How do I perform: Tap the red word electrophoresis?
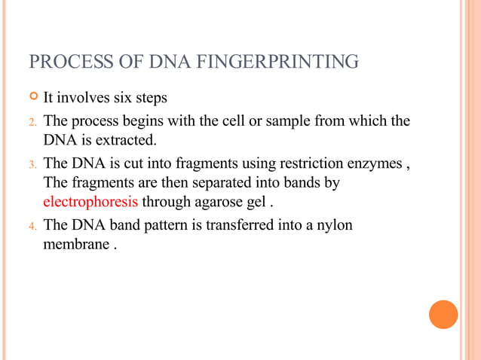[x=90, y=202]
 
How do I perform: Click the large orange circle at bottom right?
[x=443, y=314]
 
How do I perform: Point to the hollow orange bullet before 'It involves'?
[x=32, y=97]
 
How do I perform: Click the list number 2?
[x=32, y=122]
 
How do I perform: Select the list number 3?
[x=32, y=164]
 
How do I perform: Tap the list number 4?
[x=32, y=225]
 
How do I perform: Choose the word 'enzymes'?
[x=372, y=163]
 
